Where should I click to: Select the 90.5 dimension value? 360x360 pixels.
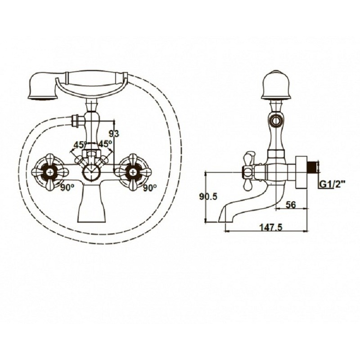(208, 197)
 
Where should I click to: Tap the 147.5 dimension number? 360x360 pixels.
(271, 227)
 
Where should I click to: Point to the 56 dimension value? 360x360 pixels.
(291, 205)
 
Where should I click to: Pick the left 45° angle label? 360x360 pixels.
(80, 144)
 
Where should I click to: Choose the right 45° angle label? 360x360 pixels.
(105, 144)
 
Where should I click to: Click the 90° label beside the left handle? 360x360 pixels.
(67, 188)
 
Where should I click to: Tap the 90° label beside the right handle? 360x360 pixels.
(150, 188)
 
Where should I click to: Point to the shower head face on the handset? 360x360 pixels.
(42, 98)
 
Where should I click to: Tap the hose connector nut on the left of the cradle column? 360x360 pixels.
(75, 121)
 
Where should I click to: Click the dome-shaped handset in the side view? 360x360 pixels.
(275, 85)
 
